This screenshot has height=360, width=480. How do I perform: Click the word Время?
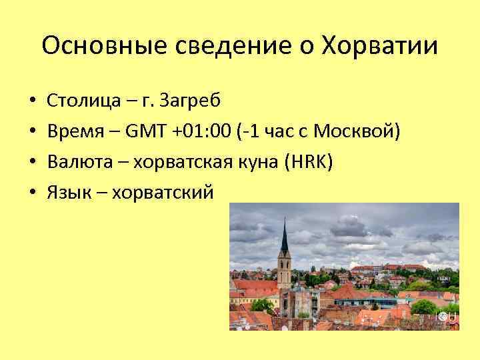tap(75, 131)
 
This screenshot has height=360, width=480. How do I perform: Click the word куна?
tap(263, 162)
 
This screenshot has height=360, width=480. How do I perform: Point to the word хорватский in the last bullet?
tap(164, 193)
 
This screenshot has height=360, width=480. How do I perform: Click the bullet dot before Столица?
tap(33, 101)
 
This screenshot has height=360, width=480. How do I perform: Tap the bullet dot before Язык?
tap(33, 193)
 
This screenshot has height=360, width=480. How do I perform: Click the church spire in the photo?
tap(284, 240)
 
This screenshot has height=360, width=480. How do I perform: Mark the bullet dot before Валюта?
tap(33, 163)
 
